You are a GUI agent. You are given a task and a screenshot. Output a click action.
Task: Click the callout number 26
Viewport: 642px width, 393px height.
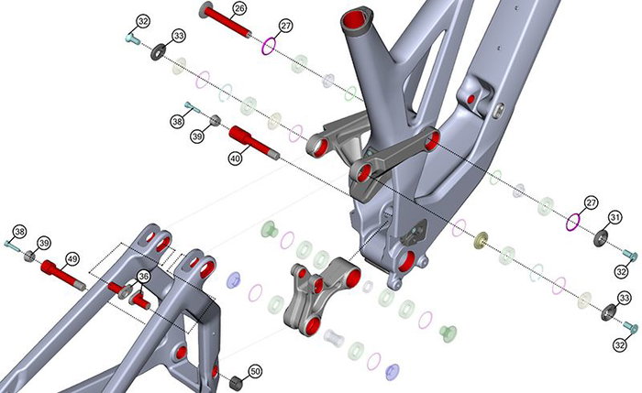click(x=239, y=8)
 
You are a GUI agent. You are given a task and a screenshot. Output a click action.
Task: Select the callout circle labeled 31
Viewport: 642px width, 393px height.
click(x=615, y=218)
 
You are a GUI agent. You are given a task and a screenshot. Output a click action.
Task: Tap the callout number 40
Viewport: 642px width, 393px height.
click(x=235, y=158)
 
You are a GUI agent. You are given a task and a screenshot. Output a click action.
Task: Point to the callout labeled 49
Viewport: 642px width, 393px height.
click(x=72, y=259)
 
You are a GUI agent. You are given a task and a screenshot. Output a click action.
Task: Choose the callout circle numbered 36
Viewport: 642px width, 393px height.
click(x=143, y=277)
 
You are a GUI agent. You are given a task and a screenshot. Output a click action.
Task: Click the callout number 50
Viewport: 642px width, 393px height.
click(x=255, y=371)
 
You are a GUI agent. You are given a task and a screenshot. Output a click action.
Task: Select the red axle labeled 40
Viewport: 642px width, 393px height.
click(x=254, y=143)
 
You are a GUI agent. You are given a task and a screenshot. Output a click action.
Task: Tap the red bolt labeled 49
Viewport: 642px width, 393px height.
click(x=63, y=275)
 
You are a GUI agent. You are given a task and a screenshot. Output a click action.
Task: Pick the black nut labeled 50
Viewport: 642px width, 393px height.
click(x=236, y=383)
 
